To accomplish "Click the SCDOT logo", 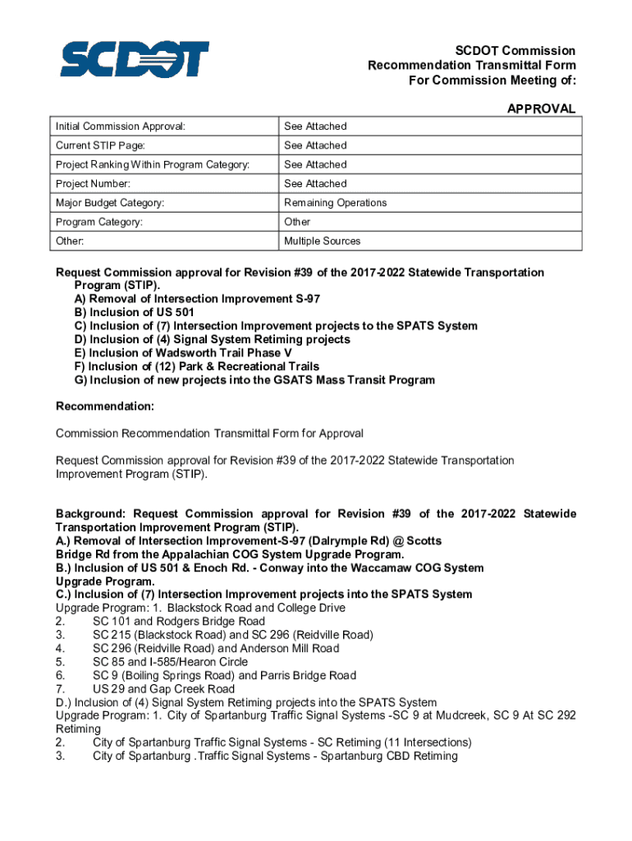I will coord(135,59).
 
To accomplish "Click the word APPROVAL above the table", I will coord(541,108).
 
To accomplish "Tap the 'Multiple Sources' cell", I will coord(322,241).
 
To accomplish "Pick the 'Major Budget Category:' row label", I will coord(109,203).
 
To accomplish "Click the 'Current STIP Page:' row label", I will coord(98,145).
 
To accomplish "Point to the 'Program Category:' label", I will coord(98,222).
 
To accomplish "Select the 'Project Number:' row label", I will coord(93,184).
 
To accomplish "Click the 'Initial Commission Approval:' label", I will coord(120,126).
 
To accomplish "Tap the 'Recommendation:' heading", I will coord(104,407).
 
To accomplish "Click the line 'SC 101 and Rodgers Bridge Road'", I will coord(178,622).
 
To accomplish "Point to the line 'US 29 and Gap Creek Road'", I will coord(163,689).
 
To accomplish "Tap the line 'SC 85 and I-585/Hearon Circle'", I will coord(170,662).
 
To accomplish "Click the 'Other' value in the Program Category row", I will coord(297,222).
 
